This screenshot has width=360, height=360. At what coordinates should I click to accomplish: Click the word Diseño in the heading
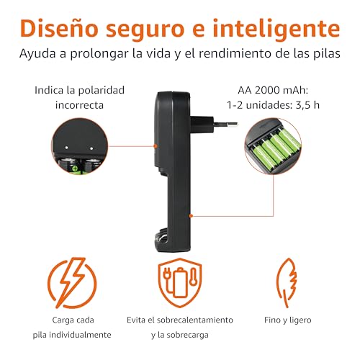(x=59, y=28)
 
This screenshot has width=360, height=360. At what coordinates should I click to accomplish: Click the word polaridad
(x=101, y=91)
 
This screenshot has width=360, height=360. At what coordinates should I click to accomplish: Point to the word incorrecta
(x=79, y=105)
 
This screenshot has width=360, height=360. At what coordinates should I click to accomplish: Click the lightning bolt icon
(x=72, y=283)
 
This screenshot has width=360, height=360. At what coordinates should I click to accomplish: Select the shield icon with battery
(x=180, y=282)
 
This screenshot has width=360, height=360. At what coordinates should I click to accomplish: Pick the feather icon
(x=287, y=282)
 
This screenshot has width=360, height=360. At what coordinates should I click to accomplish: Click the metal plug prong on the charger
(x=225, y=124)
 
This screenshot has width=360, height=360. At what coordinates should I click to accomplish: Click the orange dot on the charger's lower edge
(x=191, y=216)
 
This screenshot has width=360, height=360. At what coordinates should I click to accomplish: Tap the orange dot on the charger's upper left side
(x=156, y=145)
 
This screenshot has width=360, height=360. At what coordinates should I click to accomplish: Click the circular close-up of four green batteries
(x=273, y=146)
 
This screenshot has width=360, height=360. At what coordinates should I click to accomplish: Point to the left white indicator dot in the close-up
(x=66, y=148)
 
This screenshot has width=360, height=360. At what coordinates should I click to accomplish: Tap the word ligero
(x=300, y=320)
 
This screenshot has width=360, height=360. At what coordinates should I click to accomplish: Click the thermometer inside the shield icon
(x=193, y=276)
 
